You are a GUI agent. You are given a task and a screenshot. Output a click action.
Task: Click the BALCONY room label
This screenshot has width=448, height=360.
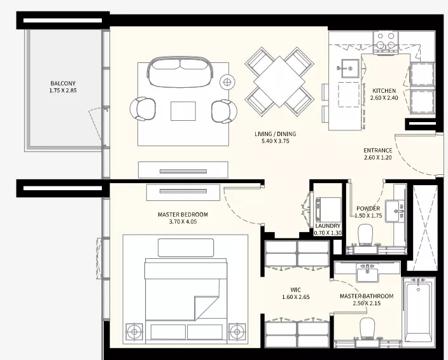coord(63,83)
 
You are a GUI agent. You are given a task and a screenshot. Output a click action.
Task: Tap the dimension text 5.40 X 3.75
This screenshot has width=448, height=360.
coord(275,141)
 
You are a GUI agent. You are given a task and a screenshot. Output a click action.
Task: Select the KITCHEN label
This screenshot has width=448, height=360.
coord(384,91)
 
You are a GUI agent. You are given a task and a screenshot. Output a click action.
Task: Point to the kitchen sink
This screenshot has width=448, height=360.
coord(350,68)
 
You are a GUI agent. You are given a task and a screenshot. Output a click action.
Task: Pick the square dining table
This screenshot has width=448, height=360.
coord(279,81)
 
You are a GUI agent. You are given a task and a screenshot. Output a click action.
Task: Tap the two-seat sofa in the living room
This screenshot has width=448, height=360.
coord(181,71)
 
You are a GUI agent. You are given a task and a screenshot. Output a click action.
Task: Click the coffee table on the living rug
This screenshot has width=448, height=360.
coord(183,111)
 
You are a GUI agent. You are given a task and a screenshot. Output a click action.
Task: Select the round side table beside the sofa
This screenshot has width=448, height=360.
coord(227,82)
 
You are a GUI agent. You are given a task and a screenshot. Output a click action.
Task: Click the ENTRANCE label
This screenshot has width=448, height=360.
coord(378,150)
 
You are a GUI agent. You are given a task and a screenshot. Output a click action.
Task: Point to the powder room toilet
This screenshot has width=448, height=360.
coord(365,235)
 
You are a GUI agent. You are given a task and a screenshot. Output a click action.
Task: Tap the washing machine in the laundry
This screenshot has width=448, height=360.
coord(328,209)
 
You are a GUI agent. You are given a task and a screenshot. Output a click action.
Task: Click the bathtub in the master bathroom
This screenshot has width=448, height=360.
coord(419,310)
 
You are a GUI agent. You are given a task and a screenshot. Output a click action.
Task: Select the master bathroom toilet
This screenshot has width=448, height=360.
coord(367,329)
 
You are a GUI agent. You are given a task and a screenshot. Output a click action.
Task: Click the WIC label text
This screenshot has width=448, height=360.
coord(295,290)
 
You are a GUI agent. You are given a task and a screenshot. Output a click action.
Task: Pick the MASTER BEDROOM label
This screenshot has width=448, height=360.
coord(183,214)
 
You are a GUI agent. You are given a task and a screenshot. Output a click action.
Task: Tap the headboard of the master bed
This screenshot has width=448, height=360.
coord(186,248)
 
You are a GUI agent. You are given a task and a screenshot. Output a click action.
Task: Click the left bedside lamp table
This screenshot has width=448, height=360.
coord(134,332)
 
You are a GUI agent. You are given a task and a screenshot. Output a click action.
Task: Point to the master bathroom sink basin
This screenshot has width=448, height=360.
coord(367,273)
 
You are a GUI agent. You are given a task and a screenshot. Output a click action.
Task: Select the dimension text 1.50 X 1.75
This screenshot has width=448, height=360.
coord(368,216)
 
